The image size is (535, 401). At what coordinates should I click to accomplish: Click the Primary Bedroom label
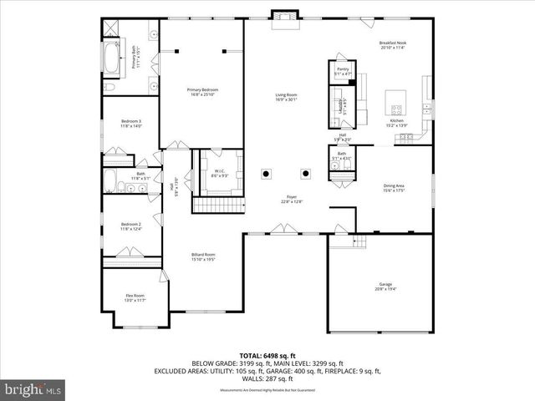pos(202,92)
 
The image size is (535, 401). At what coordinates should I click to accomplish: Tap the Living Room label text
pos(287,98)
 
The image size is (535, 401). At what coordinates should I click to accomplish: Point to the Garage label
pos(385,285)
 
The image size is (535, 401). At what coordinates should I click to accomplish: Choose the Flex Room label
pos(135,297)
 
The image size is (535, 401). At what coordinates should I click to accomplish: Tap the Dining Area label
pos(394,188)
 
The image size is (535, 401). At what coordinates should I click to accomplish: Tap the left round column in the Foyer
pos(267,174)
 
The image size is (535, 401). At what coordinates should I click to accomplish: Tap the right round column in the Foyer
pos(305,174)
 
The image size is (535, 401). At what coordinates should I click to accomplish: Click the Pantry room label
pos(343,72)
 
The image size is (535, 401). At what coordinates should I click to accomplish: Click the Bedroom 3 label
pos(130,124)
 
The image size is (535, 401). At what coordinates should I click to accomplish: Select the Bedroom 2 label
pos(130,226)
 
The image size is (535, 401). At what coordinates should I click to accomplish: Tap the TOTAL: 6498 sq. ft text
pos(267,356)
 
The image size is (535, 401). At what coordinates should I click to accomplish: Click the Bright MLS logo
pos(33,388)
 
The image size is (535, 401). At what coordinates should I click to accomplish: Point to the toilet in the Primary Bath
pos(110,87)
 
